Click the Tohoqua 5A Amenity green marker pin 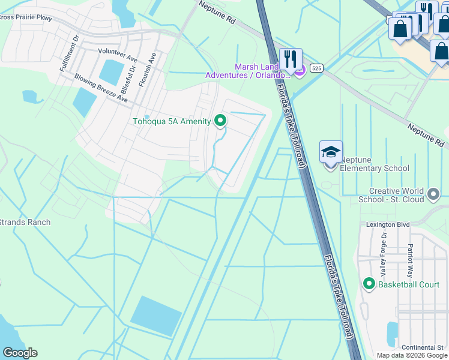pos(220,121)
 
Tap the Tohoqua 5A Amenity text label pos(172,122)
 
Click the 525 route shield pos(317,69)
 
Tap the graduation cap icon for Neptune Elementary pos(331,152)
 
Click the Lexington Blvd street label pos(388,224)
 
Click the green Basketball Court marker pos(369,283)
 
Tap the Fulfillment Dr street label pos(69,54)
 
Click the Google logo pos(20,353)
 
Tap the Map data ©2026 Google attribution pos(412,355)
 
